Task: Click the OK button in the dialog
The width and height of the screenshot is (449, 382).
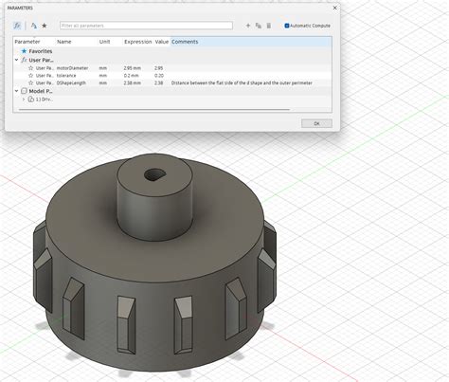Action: pyautogui.click(x=316, y=123)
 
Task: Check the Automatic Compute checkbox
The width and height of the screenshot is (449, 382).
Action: pyautogui.click(x=287, y=26)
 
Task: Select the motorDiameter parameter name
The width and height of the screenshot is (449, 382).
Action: pyautogui.click(x=74, y=67)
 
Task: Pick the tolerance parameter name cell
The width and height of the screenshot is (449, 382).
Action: pyautogui.click(x=68, y=75)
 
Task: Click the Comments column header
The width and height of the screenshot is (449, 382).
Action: pyautogui.click(x=185, y=42)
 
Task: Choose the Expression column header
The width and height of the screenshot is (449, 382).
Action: pyautogui.click(x=137, y=42)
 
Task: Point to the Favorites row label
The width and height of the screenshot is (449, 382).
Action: pyautogui.click(x=41, y=51)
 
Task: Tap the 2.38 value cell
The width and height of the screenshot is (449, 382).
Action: pyautogui.click(x=160, y=83)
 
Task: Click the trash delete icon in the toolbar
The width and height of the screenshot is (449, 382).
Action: pyautogui.click(x=269, y=26)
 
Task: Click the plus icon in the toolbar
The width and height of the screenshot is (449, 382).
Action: pyautogui.click(x=247, y=26)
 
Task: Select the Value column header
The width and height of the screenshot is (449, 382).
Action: pyautogui.click(x=161, y=42)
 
